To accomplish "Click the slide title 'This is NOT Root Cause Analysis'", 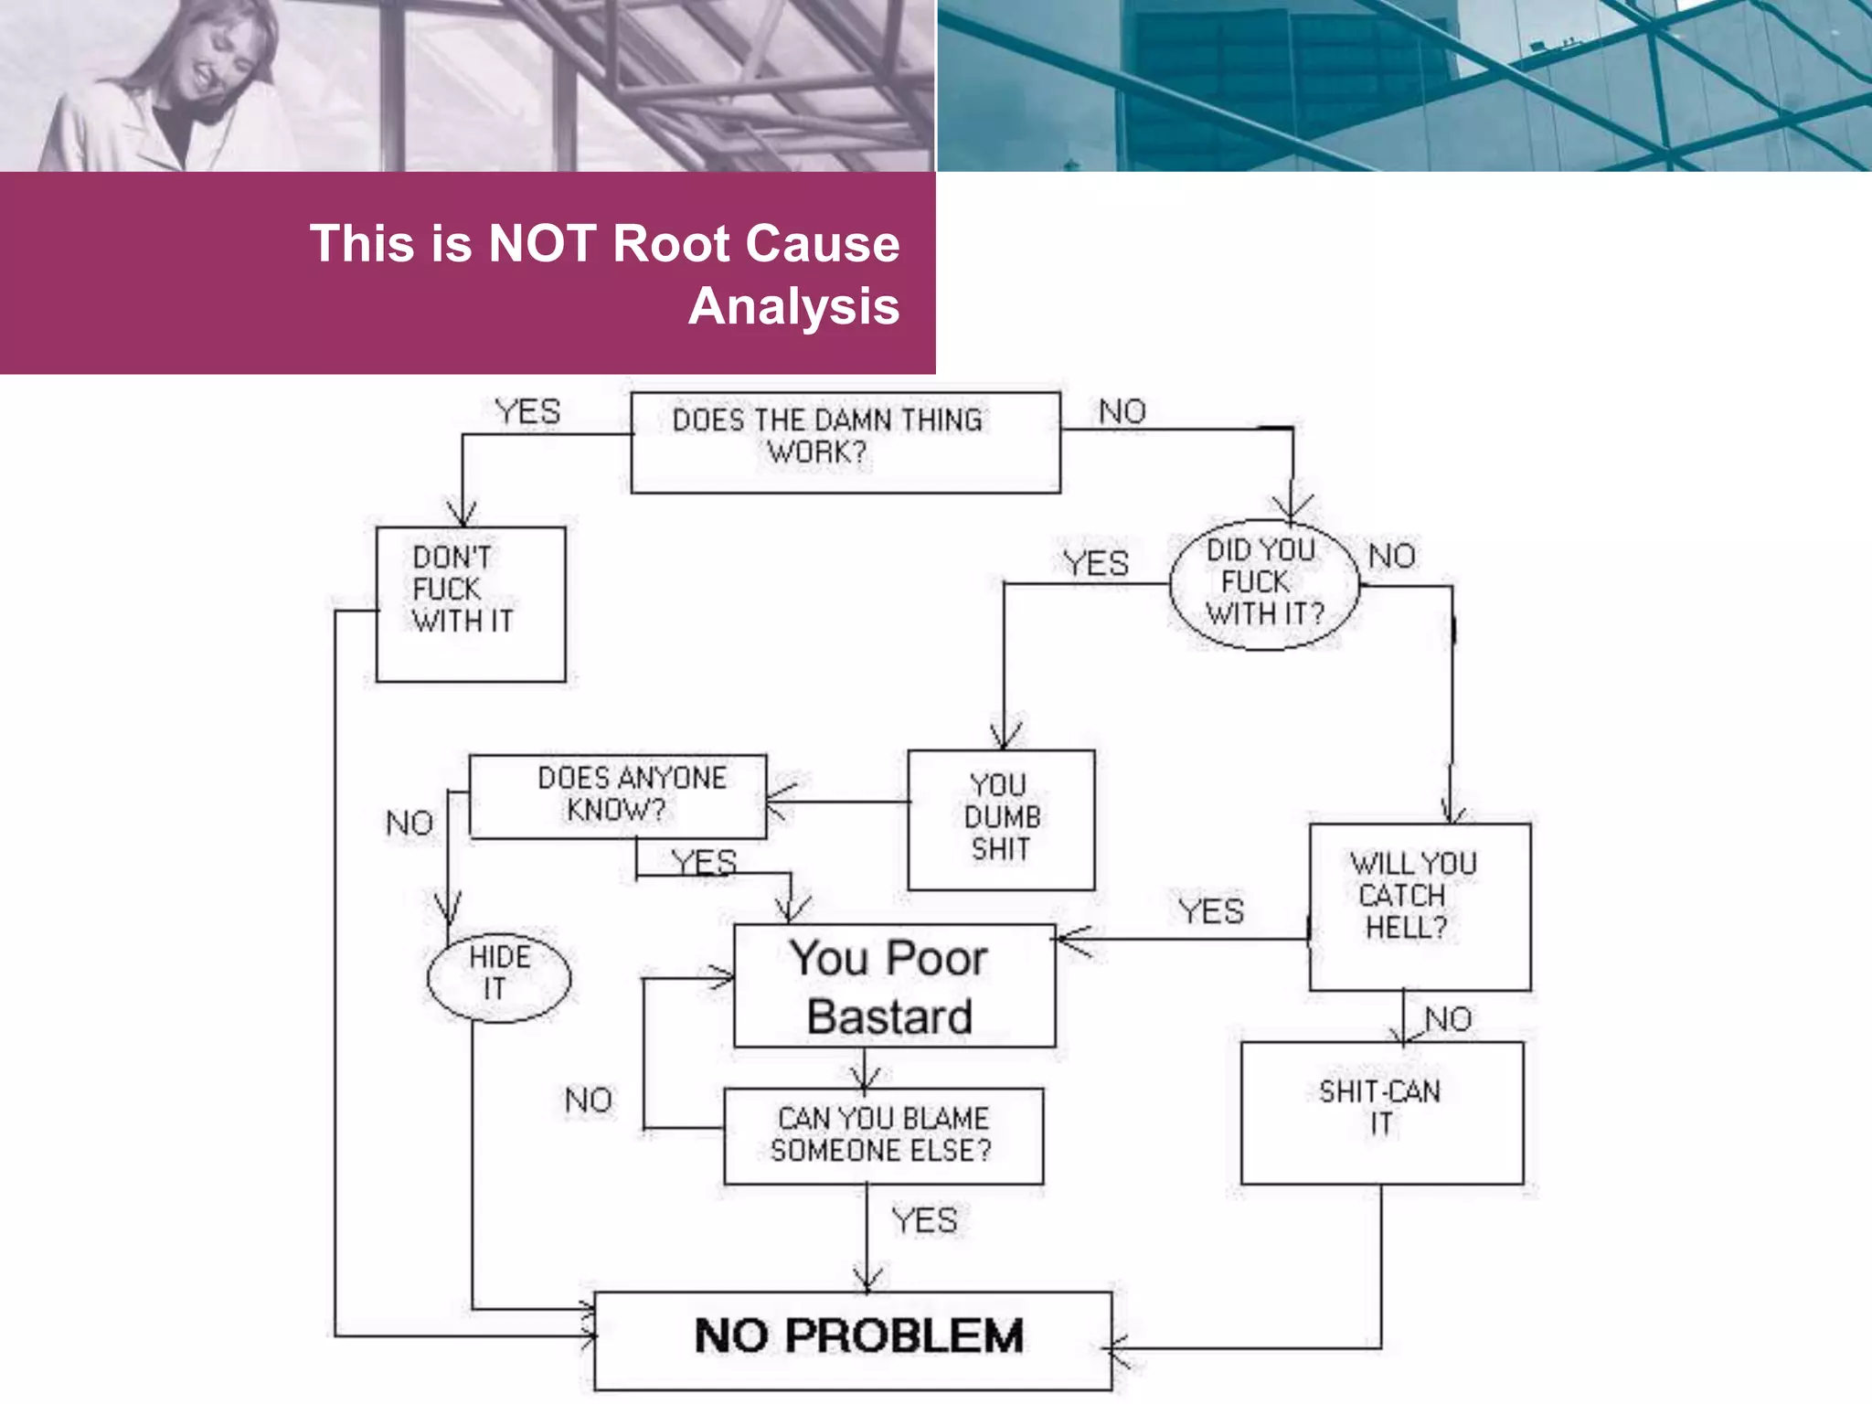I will click(x=605, y=273).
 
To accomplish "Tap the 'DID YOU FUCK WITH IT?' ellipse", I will click(x=1264, y=583).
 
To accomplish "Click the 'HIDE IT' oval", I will click(x=498, y=976).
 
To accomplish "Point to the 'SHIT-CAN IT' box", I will click(x=1381, y=1111).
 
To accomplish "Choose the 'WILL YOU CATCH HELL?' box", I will click(x=1419, y=906).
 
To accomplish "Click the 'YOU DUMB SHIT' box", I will click(x=1001, y=819).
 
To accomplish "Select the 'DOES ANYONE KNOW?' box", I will click(x=618, y=795).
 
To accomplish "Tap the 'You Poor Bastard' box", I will click(x=893, y=985).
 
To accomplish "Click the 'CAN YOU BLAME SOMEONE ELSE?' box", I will click(x=882, y=1134).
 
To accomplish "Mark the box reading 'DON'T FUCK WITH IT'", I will click(x=470, y=603).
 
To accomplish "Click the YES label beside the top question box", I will click(x=527, y=412).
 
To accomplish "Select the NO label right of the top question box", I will click(x=1122, y=412).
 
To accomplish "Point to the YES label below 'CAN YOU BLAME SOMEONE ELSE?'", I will click(x=924, y=1221).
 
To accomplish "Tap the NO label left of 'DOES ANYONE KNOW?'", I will click(x=409, y=824).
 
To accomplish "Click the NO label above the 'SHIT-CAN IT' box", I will click(x=1448, y=1019).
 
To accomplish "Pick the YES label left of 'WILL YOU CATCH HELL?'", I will click(x=1210, y=911).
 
